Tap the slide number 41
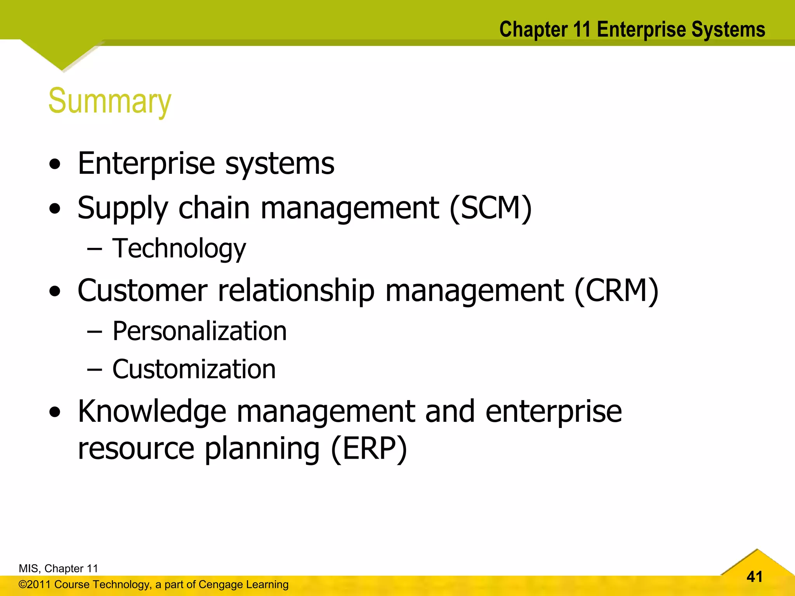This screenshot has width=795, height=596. click(x=754, y=577)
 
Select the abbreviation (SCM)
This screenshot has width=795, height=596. click(x=491, y=208)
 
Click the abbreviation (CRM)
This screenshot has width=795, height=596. click(x=616, y=291)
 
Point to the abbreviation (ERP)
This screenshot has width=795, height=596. click(x=369, y=449)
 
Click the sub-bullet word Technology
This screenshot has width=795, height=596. click(x=179, y=248)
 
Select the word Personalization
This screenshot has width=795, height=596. click(x=200, y=331)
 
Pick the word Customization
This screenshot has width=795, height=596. click(x=194, y=369)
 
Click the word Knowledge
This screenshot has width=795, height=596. click(x=152, y=411)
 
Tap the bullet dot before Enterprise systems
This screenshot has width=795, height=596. click(x=55, y=165)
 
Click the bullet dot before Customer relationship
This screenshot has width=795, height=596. click(x=55, y=291)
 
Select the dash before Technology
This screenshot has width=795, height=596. click(x=94, y=249)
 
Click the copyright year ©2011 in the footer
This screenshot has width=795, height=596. click(x=35, y=584)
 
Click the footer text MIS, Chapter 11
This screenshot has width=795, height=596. click(x=58, y=568)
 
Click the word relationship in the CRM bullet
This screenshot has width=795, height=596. click(x=296, y=291)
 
